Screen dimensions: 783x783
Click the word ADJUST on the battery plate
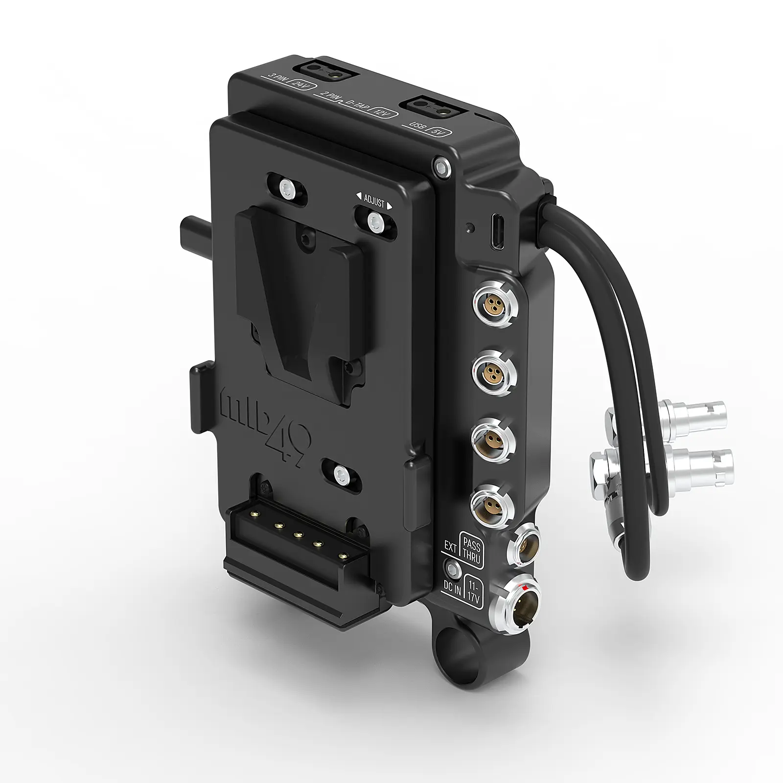pyautogui.click(x=374, y=199)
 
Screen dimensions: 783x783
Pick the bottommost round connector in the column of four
pyautogui.click(x=492, y=504)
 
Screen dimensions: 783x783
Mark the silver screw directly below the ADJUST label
pyautogui.click(x=374, y=220)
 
